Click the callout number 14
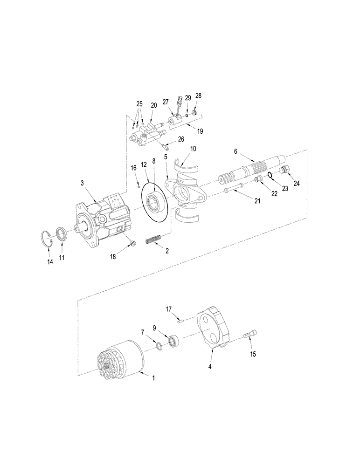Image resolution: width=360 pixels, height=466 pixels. [x=50, y=262]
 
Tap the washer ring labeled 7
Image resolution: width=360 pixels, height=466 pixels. [x=159, y=346]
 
